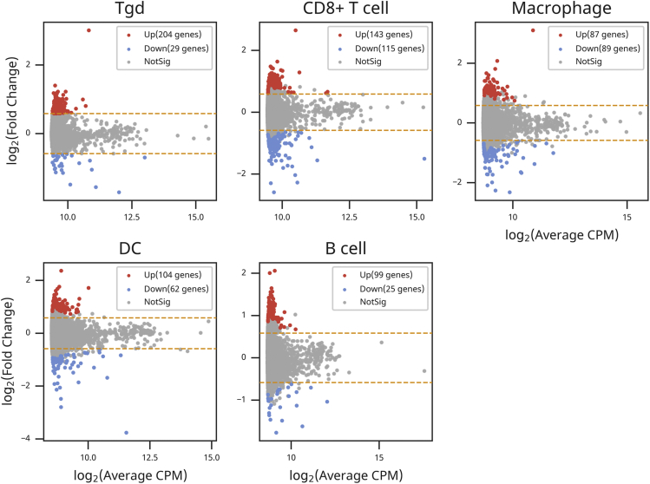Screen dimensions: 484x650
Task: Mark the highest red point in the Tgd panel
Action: click(x=89, y=30)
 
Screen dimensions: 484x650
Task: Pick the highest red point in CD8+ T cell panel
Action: click(x=296, y=30)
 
